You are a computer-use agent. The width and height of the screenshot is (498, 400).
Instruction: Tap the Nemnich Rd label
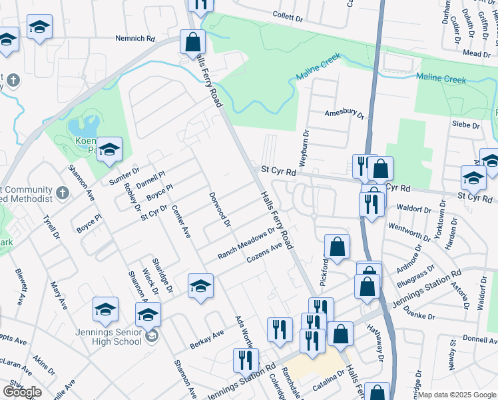(135, 39)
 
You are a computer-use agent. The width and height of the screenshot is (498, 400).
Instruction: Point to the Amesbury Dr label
(345, 114)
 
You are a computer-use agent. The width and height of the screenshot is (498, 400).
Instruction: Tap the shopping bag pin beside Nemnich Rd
(192, 43)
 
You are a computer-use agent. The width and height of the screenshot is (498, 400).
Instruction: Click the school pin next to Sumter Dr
(109, 149)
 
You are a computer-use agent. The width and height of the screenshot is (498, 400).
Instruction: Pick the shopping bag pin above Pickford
(338, 247)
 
